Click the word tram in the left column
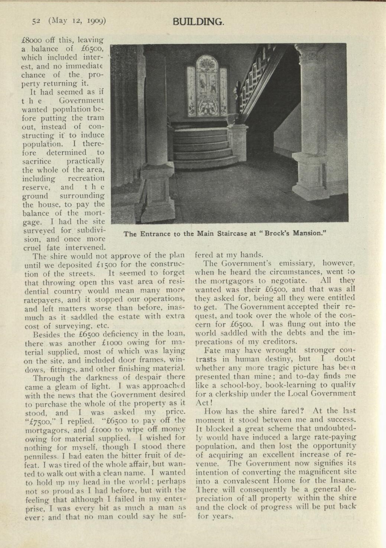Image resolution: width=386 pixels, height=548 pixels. tap(94, 118)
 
